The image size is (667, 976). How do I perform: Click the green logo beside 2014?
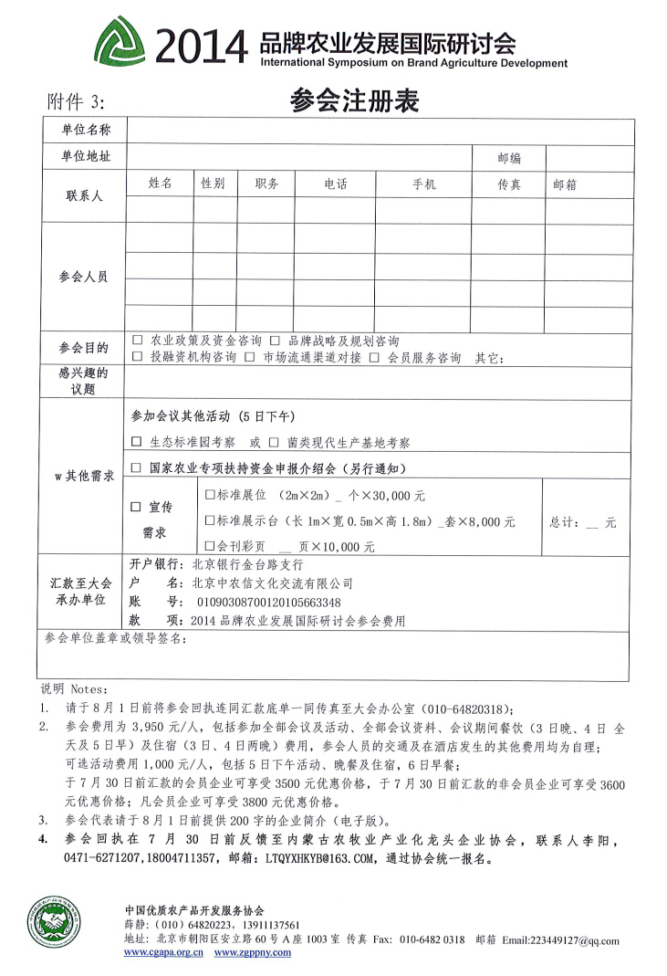[x=123, y=41]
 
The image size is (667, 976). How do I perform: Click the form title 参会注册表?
[x=354, y=101]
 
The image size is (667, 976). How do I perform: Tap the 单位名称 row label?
[x=86, y=131]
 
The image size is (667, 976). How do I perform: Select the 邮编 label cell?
[x=509, y=158]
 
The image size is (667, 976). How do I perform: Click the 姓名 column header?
[x=161, y=184]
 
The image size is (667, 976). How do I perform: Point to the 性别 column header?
[x=213, y=184]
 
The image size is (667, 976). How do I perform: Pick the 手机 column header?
[x=424, y=184]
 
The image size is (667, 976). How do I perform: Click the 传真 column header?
[x=509, y=184]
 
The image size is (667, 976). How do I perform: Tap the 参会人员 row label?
[x=83, y=276]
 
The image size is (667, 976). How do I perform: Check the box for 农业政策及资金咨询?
[x=138, y=341]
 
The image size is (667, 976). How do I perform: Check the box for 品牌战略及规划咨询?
[x=274, y=341]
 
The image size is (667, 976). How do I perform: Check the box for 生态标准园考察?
[x=137, y=442]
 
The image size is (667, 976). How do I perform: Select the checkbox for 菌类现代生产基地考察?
[x=274, y=442]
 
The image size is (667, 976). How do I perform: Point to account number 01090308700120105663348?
[x=263, y=602]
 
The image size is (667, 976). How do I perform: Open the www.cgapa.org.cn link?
[x=163, y=951]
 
